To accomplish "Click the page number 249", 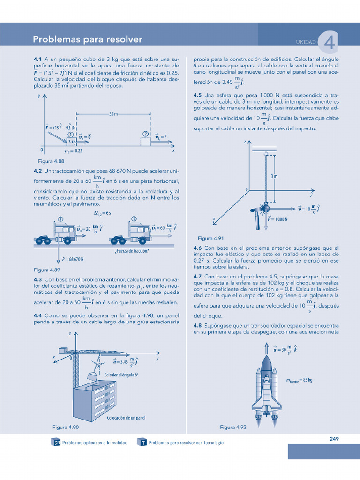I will [334, 439].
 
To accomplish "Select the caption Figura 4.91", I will [211, 238].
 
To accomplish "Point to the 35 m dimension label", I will [113, 114].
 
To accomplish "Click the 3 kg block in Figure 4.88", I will [72, 142].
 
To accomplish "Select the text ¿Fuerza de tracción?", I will [132, 251].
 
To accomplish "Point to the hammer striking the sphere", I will [257, 218].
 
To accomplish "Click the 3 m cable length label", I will [274, 176].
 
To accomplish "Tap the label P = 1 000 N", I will [277, 219].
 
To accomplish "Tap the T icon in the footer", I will [141, 442].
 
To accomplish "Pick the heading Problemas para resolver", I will [88, 39].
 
